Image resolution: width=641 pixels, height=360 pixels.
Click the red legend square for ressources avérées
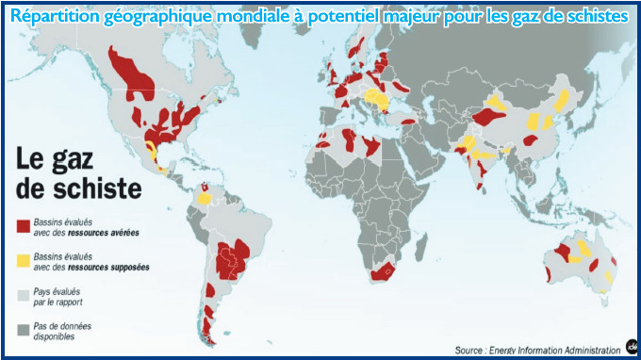tap(24, 225)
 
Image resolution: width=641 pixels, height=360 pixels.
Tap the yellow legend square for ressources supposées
tap(24, 260)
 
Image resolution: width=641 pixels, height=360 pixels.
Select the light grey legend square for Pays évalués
tap(24, 295)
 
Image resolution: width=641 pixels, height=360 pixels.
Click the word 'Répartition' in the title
tap(52, 18)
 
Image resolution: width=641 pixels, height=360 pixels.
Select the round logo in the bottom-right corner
tap(629, 346)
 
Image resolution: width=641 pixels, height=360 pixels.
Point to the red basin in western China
tap(489, 116)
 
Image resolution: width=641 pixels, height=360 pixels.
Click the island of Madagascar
tap(423, 254)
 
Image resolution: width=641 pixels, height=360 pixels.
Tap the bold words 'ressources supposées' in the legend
tap(116, 267)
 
